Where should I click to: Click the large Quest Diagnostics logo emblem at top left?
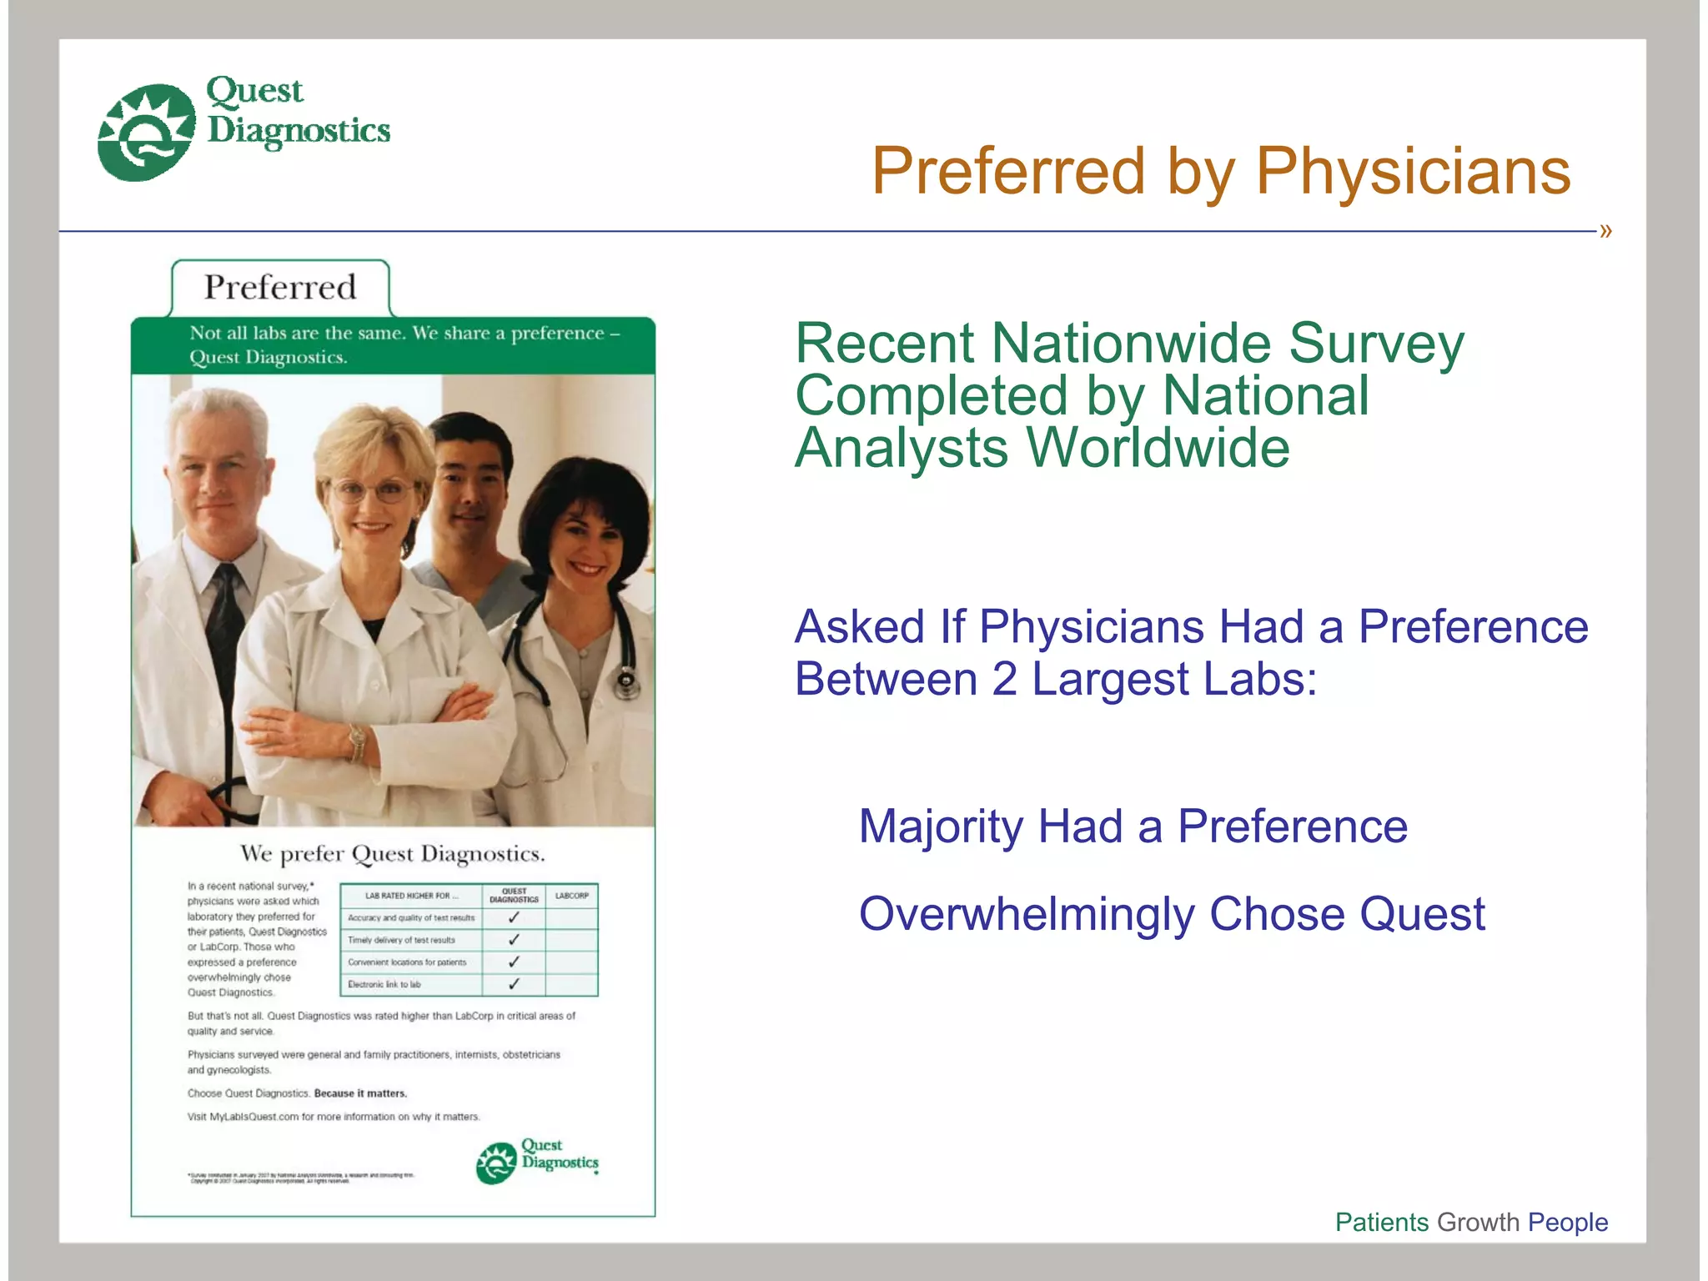coord(146,132)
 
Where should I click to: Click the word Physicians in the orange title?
coord(1413,172)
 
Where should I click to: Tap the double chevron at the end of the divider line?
coord(1605,231)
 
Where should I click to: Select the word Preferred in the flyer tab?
coord(280,288)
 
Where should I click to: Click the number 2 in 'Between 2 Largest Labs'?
coord(1004,679)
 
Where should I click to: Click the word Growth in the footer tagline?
coord(1478,1222)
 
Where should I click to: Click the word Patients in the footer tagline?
coord(1381,1222)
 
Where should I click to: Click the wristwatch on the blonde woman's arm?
coord(358,737)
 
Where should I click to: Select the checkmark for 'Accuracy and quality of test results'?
coord(514,917)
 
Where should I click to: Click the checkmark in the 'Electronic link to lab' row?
coord(514,984)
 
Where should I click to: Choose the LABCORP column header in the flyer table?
coord(571,896)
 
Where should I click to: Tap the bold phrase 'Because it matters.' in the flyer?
coord(360,1093)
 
